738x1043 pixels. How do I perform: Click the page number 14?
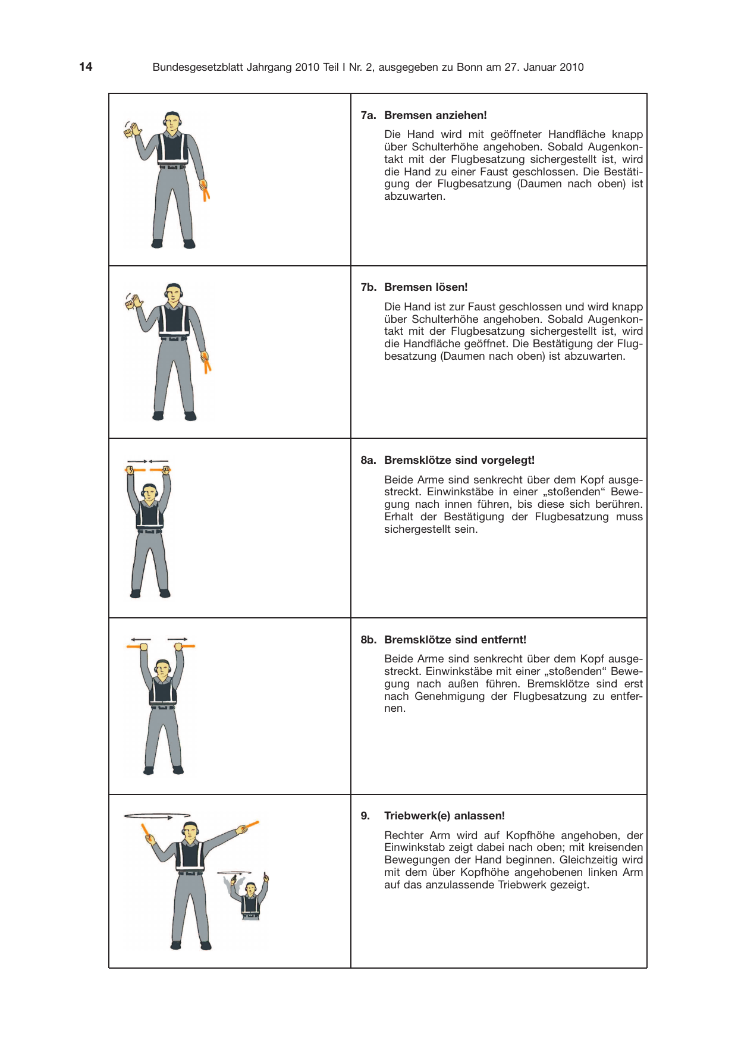click(x=86, y=67)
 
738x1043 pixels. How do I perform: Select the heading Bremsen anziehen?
click(x=435, y=115)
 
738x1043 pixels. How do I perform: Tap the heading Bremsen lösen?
click(x=426, y=287)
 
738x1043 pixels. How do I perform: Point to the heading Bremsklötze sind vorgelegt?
click(x=459, y=460)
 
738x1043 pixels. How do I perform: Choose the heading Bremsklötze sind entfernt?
click(x=455, y=640)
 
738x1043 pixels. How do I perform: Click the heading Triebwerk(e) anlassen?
click(x=444, y=816)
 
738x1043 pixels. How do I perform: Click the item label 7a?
click(x=368, y=115)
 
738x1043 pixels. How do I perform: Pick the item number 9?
click(x=365, y=816)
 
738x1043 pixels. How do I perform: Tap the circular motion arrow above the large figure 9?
click(x=157, y=816)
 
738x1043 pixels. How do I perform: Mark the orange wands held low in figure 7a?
click(x=205, y=190)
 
